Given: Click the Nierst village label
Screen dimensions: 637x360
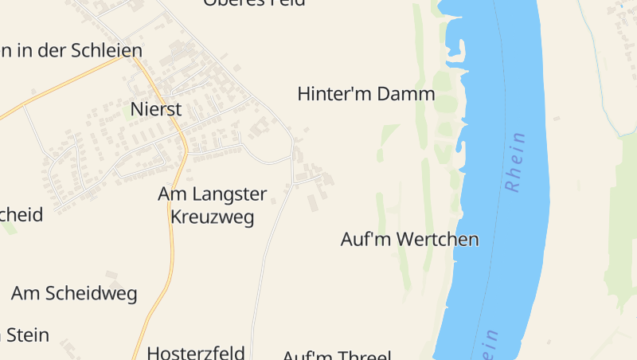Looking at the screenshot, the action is click(x=156, y=109).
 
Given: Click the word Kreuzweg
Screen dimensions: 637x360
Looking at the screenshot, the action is click(x=213, y=217).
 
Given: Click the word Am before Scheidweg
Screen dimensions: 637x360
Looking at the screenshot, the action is click(x=24, y=294).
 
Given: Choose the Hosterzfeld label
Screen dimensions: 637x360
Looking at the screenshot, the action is click(x=195, y=352).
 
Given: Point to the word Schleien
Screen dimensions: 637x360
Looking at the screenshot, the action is click(x=106, y=50).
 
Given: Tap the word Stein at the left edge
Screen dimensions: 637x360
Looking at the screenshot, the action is click(x=26, y=335).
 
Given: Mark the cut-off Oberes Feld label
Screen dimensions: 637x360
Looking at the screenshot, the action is click(x=254, y=3).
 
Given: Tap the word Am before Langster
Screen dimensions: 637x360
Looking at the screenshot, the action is click(x=171, y=194).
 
